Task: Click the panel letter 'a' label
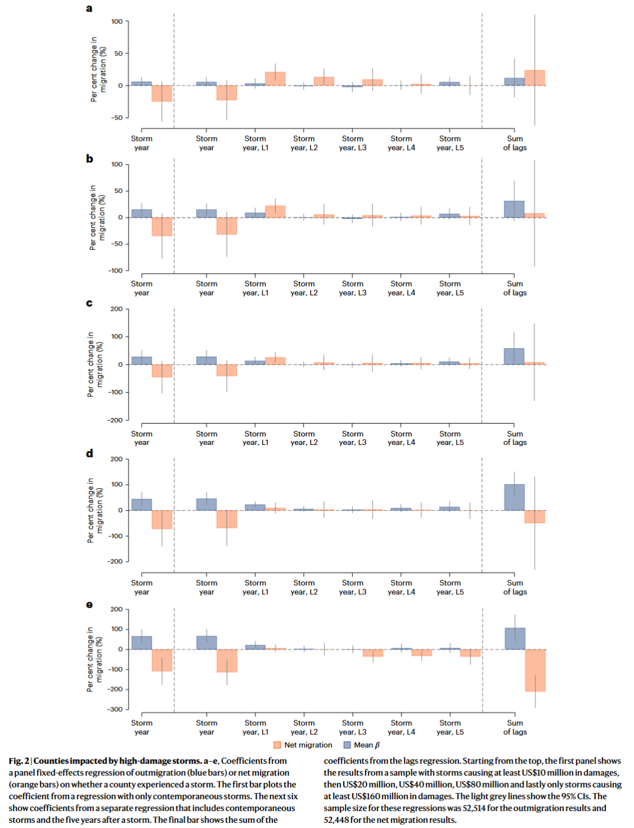point(89,8)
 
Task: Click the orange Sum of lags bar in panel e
point(535,670)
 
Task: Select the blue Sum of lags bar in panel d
point(514,497)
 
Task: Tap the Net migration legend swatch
point(277,745)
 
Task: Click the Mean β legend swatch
point(347,745)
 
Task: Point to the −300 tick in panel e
point(115,709)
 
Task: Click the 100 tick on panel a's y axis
point(117,21)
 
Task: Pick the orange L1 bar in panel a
point(275,79)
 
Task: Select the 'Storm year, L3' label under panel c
point(353,438)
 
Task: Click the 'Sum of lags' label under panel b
point(515,288)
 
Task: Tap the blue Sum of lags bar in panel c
point(514,356)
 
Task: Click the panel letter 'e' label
point(89,604)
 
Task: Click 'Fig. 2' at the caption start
point(19,761)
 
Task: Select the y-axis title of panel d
point(94,510)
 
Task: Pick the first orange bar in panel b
point(162,226)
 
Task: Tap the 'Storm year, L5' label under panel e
point(450,727)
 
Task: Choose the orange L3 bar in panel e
point(372,653)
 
